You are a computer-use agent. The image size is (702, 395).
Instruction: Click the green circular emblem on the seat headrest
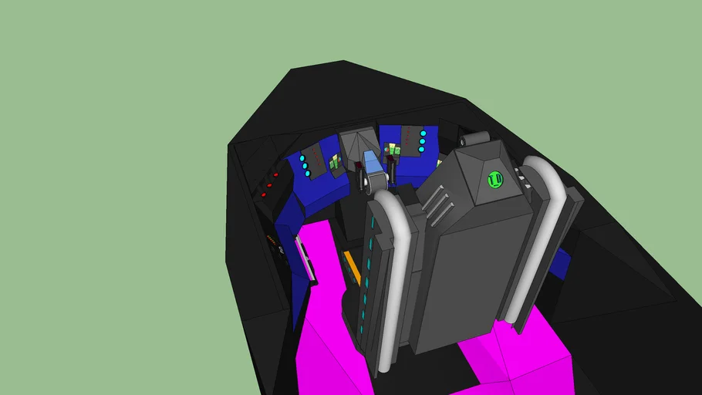point(494,180)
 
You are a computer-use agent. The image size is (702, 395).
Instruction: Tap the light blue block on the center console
point(371,163)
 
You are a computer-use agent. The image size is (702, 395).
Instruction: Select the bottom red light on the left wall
point(263,195)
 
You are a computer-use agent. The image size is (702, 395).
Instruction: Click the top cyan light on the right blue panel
point(422,134)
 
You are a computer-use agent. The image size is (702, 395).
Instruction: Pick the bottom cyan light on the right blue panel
point(421,149)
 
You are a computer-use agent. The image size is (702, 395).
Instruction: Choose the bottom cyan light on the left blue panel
point(309,175)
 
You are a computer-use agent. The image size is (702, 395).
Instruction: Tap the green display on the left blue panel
point(336,163)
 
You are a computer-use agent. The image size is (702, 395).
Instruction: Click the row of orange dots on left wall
point(273,244)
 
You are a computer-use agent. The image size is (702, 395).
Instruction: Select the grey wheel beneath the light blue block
point(374,184)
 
